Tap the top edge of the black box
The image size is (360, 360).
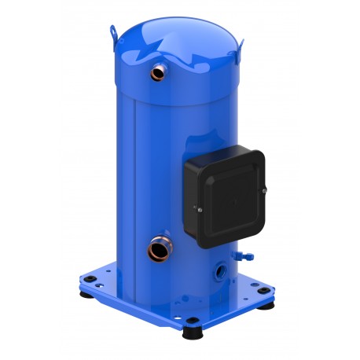225,150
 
